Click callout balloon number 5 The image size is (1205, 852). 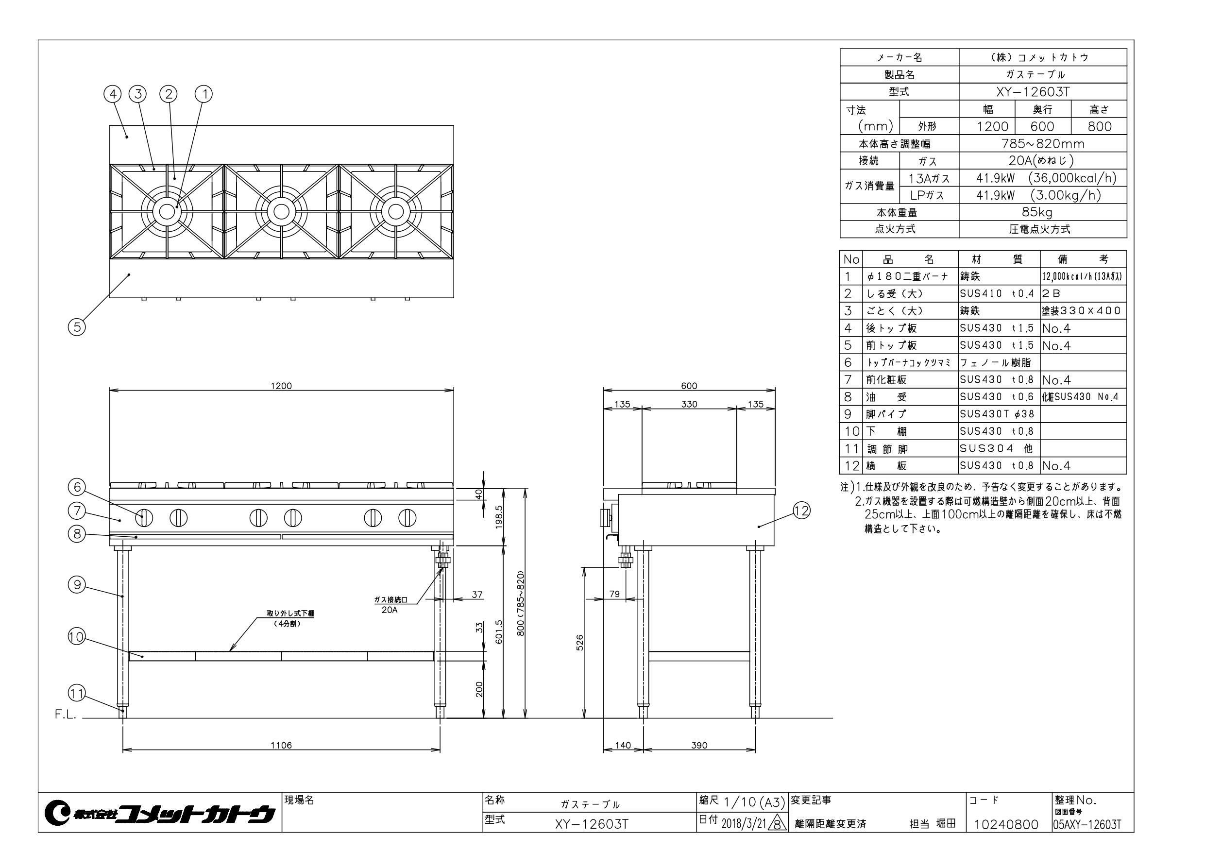pos(77,327)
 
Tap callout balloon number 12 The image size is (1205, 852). pos(801,510)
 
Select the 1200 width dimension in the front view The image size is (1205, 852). pos(281,386)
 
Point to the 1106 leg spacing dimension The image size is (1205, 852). pos(281,745)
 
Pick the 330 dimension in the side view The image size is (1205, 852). pos(689,404)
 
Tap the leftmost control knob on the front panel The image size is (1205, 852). pos(145,518)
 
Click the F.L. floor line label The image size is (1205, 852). pos(66,715)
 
